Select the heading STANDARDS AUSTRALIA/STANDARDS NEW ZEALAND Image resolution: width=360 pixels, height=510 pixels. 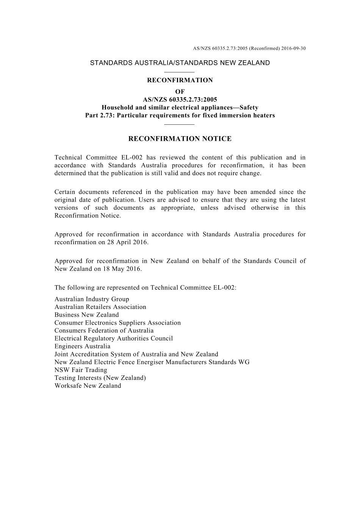tap(180, 63)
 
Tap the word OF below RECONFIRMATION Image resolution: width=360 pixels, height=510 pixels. tap(180, 92)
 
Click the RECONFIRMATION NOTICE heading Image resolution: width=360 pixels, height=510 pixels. tap(180, 139)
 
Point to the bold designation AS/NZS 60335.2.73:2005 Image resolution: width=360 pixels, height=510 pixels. tap(180, 100)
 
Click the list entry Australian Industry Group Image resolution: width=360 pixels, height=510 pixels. tap(92, 299)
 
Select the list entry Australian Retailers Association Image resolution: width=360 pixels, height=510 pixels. tap(100, 307)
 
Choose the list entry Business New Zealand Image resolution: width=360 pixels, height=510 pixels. tap(86, 315)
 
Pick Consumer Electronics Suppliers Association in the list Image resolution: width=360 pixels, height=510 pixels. tap(117, 323)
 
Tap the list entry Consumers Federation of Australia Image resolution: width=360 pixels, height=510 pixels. tap(104, 331)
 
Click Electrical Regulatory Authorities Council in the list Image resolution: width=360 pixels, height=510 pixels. tap(113, 339)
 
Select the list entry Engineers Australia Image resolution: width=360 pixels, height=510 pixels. tap(82, 346)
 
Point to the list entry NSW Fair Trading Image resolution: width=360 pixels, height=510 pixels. tap(81, 370)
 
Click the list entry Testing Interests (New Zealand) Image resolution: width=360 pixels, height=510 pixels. tap(100, 378)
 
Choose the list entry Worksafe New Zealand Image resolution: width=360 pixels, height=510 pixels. tap(88, 386)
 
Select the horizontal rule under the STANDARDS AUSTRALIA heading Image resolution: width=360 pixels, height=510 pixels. tap(180, 72)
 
